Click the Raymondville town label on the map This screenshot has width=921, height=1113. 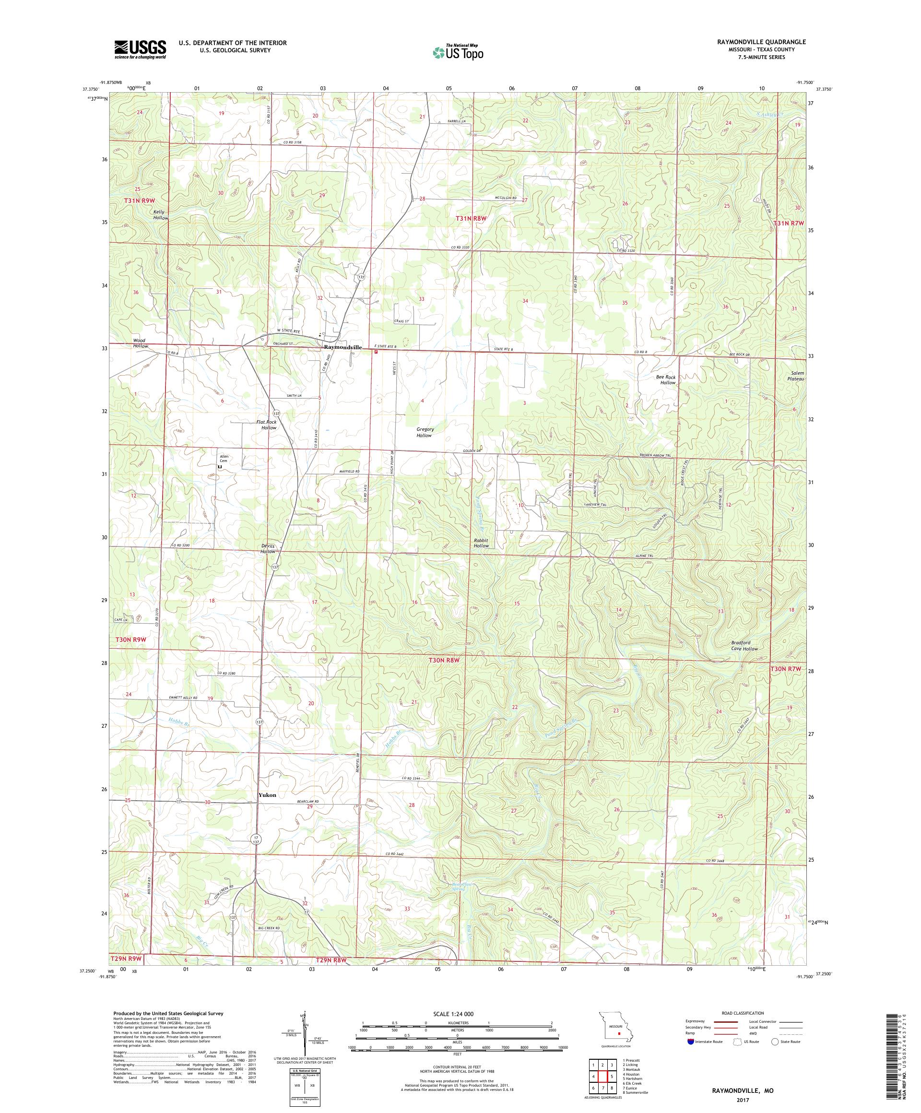343,347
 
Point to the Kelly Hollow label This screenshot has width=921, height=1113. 161,214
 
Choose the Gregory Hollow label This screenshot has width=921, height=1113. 425,432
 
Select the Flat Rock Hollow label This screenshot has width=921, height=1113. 269,425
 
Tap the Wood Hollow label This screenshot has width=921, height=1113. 141,343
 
